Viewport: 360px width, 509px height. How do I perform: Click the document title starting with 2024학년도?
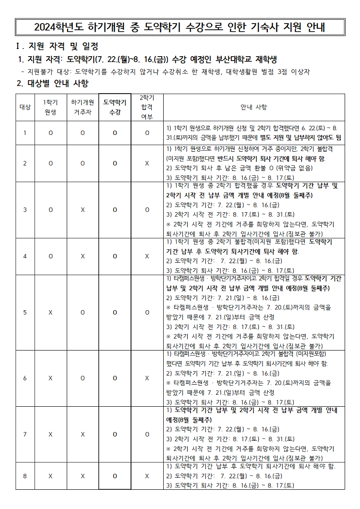180,27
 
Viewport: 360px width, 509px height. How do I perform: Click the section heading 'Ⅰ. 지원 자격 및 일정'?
57,47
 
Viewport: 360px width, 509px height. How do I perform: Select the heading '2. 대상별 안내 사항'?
53,83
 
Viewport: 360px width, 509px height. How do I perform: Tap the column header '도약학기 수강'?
115,107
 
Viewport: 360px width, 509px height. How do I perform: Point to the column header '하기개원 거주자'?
83,107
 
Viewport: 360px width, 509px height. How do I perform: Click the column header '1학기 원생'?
50,107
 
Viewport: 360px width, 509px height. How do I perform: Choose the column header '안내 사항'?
254,107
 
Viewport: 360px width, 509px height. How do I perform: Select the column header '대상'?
25,107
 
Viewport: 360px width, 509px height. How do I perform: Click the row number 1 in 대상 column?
25,133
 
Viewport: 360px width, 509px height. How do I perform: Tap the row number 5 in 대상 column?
25,313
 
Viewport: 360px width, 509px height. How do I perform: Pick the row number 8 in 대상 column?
25,476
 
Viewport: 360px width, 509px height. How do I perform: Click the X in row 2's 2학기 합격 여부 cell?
147,163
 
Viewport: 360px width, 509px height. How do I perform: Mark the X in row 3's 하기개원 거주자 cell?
83,210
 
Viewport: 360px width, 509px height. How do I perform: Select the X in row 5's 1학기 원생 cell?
50,313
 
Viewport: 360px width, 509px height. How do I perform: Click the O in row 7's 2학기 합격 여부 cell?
147,435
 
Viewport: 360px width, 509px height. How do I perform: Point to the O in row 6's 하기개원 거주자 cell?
83,378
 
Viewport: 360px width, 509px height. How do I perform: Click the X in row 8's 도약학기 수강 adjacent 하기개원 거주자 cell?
83,476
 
